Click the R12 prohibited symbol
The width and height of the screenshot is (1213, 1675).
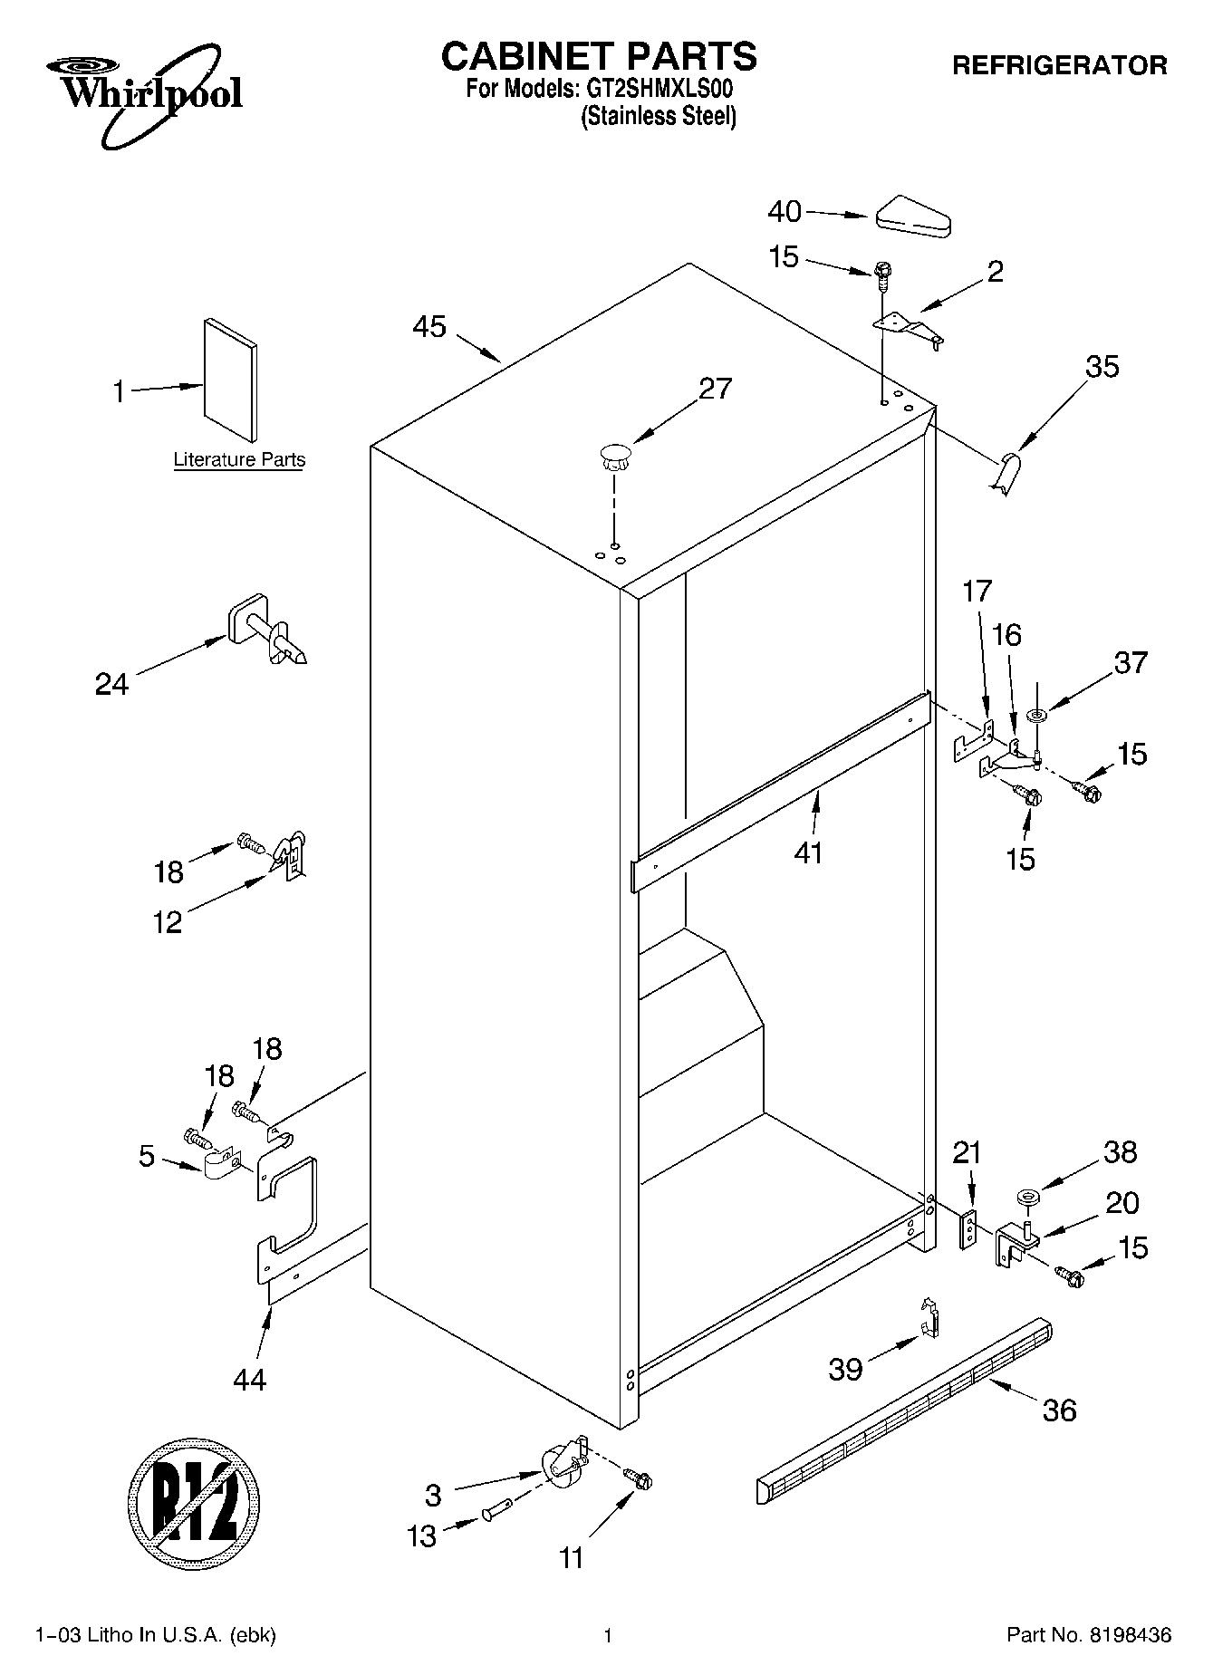pyautogui.click(x=194, y=1499)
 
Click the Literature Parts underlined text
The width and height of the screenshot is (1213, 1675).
pyautogui.click(x=239, y=460)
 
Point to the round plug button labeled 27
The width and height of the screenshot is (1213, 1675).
pyautogui.click(x=613, y=455)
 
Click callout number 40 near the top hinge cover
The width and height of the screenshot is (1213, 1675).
pyautogui.click(x=784, y=212)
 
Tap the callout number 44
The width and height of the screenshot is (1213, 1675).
pyautogui.click(x=249, y=1379)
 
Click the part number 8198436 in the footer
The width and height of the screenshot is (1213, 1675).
pyautogui.click(x=1131, y=1636)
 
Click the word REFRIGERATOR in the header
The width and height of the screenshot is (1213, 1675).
pyautogui.click(x=1059, y=66)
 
